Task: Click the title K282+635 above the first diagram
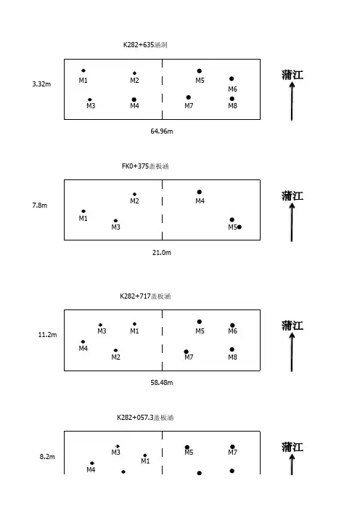point(145,45)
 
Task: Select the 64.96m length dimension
point(161,131)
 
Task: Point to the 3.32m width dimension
point(41,84)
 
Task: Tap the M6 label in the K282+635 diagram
point(232,89)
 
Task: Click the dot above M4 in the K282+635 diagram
point(134,100)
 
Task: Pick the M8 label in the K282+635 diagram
point(232,106)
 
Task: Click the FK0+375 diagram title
point(145,166)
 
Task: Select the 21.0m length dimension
point(161,252)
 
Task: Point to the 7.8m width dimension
point(40,206)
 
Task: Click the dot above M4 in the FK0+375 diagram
point(199,192)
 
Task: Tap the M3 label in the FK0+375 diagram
point(115,227)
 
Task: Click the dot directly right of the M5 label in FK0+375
point(239,227)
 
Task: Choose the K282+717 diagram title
point(145,296)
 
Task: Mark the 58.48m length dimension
point(161,382)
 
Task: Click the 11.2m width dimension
point(47,335)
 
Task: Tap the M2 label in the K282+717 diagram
point(115,357)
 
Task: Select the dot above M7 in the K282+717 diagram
point(187,352)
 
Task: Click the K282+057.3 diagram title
point(145,418)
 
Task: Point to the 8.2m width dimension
point(47,457)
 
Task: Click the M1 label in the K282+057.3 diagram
point(145,461)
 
